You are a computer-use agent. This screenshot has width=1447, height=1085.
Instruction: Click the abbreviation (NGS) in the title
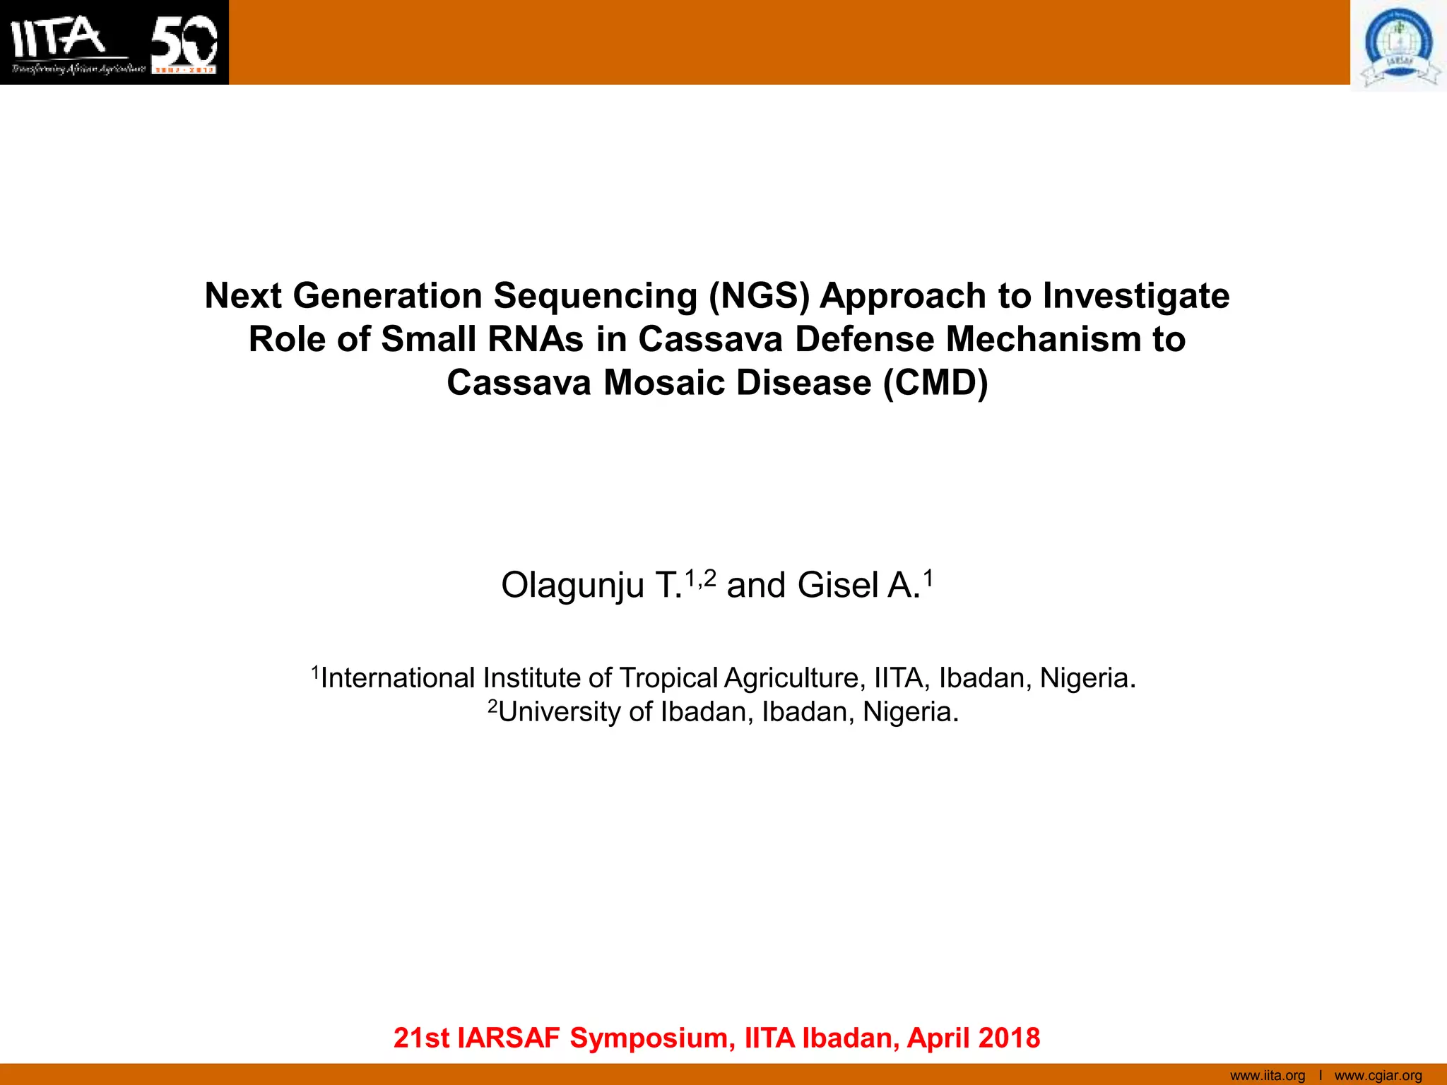[x=759, y=295]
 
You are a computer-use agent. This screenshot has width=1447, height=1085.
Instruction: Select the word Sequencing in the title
[x=595, y=295]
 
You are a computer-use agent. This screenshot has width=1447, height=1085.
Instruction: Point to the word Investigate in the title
[x=1136, y=295]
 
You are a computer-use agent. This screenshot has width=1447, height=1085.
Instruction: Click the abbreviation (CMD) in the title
[x=935, y=383]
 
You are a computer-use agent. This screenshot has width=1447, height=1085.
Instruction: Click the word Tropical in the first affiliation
[x=668, y=678]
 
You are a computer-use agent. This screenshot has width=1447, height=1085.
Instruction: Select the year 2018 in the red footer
[x=1010, y=1038]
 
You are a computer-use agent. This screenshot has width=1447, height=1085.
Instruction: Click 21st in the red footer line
[x=421, y=1038]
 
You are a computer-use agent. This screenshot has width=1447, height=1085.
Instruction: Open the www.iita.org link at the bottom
[x=1268, y=1076]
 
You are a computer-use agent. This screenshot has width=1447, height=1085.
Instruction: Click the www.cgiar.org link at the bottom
[x=1378, y=1076]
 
